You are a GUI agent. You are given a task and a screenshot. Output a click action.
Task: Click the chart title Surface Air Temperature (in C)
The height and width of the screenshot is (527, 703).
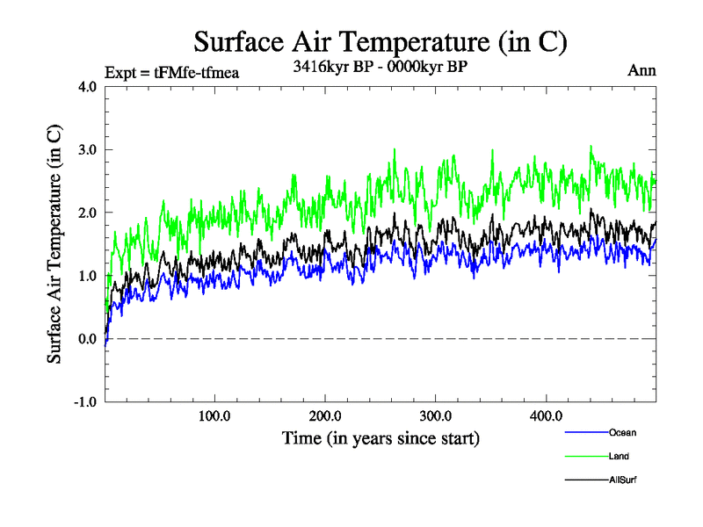pyautogui.click(x=380, y=42)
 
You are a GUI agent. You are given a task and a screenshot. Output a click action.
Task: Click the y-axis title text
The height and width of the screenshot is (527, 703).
pyautogui.click(x=54, y=244)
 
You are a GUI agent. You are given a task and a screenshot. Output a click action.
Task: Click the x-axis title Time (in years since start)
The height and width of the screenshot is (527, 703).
pyautogui.click(x=380, y=437)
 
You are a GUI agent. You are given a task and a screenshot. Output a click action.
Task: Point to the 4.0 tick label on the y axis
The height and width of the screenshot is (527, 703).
pyautogui.click(x=86, y=87)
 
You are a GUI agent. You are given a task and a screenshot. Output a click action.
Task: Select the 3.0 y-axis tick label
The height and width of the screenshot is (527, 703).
pyautogui.click(x=86, y=150)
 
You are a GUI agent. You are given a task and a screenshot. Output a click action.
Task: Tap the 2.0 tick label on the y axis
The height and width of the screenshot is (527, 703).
pyautogui.click(x=86, y=213)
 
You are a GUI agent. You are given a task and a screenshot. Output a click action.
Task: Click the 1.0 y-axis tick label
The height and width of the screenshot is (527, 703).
pyautogui.click(x=86, y=277)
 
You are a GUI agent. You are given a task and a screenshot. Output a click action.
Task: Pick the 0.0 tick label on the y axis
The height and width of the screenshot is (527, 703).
pyautogui.click(x=86, y=339)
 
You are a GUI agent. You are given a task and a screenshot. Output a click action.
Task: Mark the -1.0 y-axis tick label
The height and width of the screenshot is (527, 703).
pyautogui.click(x=84, y=402)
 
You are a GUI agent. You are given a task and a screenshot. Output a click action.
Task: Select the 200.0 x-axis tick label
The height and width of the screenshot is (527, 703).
pyautogui.click(x=325, y=416)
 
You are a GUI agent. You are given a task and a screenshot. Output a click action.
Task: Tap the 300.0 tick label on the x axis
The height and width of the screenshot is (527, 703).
pyautogui.click(x=436, y=416)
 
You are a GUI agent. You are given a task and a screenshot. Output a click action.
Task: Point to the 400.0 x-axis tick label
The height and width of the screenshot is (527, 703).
pyautogui.click(x=547, y=416)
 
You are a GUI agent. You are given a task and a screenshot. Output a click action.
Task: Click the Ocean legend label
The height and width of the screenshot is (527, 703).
pyautogui.click(x=622, y=432)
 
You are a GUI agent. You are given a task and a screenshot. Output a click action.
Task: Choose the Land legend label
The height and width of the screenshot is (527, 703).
pyautogui.click(x=619, y=456)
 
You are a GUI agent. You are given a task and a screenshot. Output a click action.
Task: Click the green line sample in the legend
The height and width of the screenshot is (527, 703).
pyautogui.click(x=585, y=456)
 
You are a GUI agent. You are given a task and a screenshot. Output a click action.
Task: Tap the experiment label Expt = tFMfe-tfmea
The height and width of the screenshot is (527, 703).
pyautogui.click(x=171, y=72)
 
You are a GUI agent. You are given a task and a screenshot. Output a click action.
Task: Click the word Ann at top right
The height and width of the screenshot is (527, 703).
pyautogui.click(x=641, y=71)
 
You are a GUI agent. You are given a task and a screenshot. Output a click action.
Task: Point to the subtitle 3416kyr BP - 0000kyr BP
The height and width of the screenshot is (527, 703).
pyautogui.click(x=380, y=66)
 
